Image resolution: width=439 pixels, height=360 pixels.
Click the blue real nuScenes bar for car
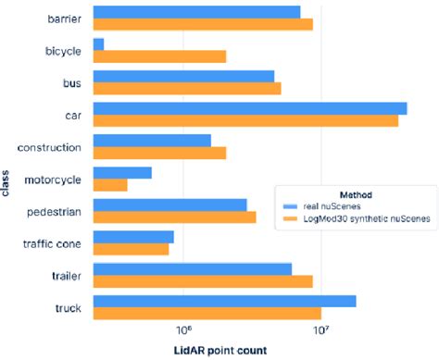coord(250,107)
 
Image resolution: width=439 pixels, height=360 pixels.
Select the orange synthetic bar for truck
coord(207,313)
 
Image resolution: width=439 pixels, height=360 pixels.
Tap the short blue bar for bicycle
coord(99,43)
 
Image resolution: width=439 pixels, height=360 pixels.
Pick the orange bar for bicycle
coord(159,56)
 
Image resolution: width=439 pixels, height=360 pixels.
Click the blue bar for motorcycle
coord(122,172)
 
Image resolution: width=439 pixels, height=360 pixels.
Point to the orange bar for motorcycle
coord(110,185)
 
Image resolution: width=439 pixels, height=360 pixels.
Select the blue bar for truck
coord(225,300)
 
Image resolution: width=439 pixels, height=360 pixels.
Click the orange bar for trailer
coord(203,280)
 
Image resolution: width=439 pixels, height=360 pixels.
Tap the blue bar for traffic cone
coord(133,236)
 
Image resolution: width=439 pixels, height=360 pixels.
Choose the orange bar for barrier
coord(203,24)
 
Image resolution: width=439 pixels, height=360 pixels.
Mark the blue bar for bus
coord(184,76)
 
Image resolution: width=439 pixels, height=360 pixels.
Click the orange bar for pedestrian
coord(175,217)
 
